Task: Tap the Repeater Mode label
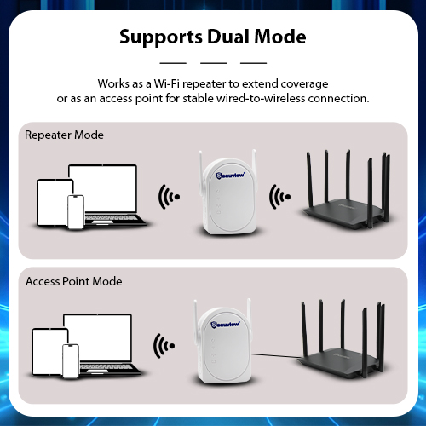pos(64,135)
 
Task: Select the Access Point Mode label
pos(74,281)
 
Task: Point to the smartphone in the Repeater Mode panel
pos(76,212)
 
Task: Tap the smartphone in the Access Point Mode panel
pos(71,361)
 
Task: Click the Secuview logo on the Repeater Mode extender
pos(230,176)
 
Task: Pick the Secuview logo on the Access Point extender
pos(225,325)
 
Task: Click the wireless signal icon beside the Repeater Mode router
pos(279,197)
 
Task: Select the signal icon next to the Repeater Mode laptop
pos(169,197)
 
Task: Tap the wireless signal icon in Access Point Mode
pos(164,346)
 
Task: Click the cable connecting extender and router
pos(276,355)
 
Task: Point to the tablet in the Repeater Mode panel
pos(54,203)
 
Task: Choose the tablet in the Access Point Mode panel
pos(49,352)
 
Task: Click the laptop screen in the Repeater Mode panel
pos(103,188)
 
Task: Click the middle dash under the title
pos(213,63)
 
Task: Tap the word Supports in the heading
pos(161,37)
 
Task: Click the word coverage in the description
pos(304,84)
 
